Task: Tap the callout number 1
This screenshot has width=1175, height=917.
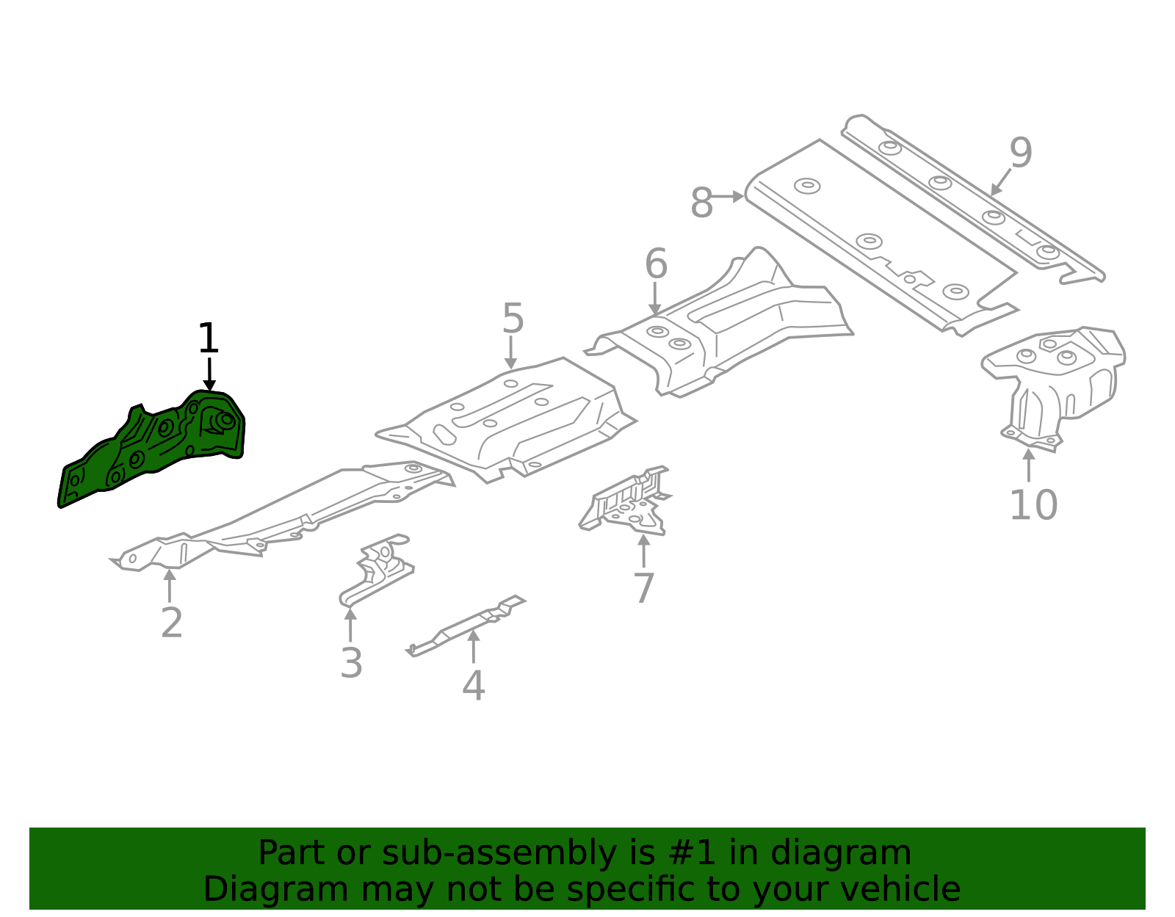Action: pyautogui.click(x=209, y=339)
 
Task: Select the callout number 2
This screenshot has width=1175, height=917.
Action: pyautogui.click(x=171, y=623)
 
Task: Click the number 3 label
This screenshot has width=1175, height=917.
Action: pyautogui.click(x=351, y=663)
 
